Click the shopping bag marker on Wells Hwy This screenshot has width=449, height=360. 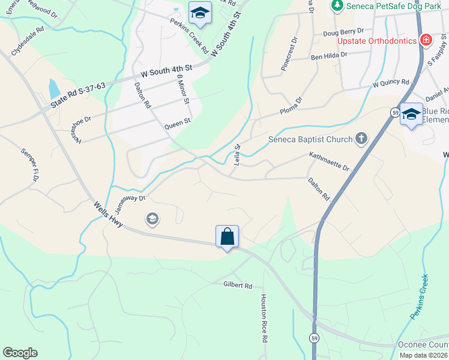(x=228, y=236)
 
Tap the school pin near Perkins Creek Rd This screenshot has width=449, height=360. (x=200, y=13)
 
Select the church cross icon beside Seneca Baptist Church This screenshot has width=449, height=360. (x=361, y=139)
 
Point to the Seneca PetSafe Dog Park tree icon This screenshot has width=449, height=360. (x=336, y=5)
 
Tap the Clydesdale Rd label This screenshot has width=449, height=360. (x=27, y=37)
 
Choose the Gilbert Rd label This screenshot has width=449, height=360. (x=238, y=286)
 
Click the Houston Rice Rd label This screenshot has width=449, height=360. (x=263, y=318)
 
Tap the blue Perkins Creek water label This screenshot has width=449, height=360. (x=420, y=296)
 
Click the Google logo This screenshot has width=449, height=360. (x=20, y=353)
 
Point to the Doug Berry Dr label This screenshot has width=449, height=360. (x=343, y=31)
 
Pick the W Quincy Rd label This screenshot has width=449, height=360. (x=390, y=83)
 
